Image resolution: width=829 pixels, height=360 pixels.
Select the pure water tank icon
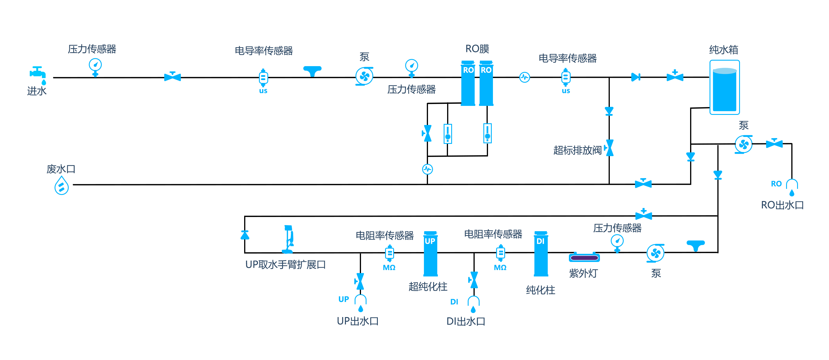[x=725, y=87]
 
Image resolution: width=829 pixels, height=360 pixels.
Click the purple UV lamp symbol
[x=584, y=257]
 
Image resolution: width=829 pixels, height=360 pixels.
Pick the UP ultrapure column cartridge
[x=430, y=254]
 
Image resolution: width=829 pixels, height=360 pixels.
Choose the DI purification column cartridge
[x=541, y=254]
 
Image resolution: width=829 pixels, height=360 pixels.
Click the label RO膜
[x=477, y=49]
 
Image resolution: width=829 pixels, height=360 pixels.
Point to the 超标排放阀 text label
[x=577, y=150]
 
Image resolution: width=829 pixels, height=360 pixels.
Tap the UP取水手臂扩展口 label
[x=285, y=265]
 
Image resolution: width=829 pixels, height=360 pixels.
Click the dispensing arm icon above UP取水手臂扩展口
[x=288, y=239]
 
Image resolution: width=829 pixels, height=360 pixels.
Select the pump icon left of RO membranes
[x=364, y=76]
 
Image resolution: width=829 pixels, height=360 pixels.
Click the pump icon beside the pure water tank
[x=744, y=144]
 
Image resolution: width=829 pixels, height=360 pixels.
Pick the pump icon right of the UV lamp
[x=656, y=254]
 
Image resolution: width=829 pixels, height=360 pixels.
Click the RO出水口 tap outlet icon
[x=792, y=188]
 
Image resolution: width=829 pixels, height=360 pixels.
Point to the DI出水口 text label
[x=466, y=321]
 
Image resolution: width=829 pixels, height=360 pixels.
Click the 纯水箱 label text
[x=724, y=50]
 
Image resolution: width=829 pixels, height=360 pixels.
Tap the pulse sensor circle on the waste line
[x=427, y=169]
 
